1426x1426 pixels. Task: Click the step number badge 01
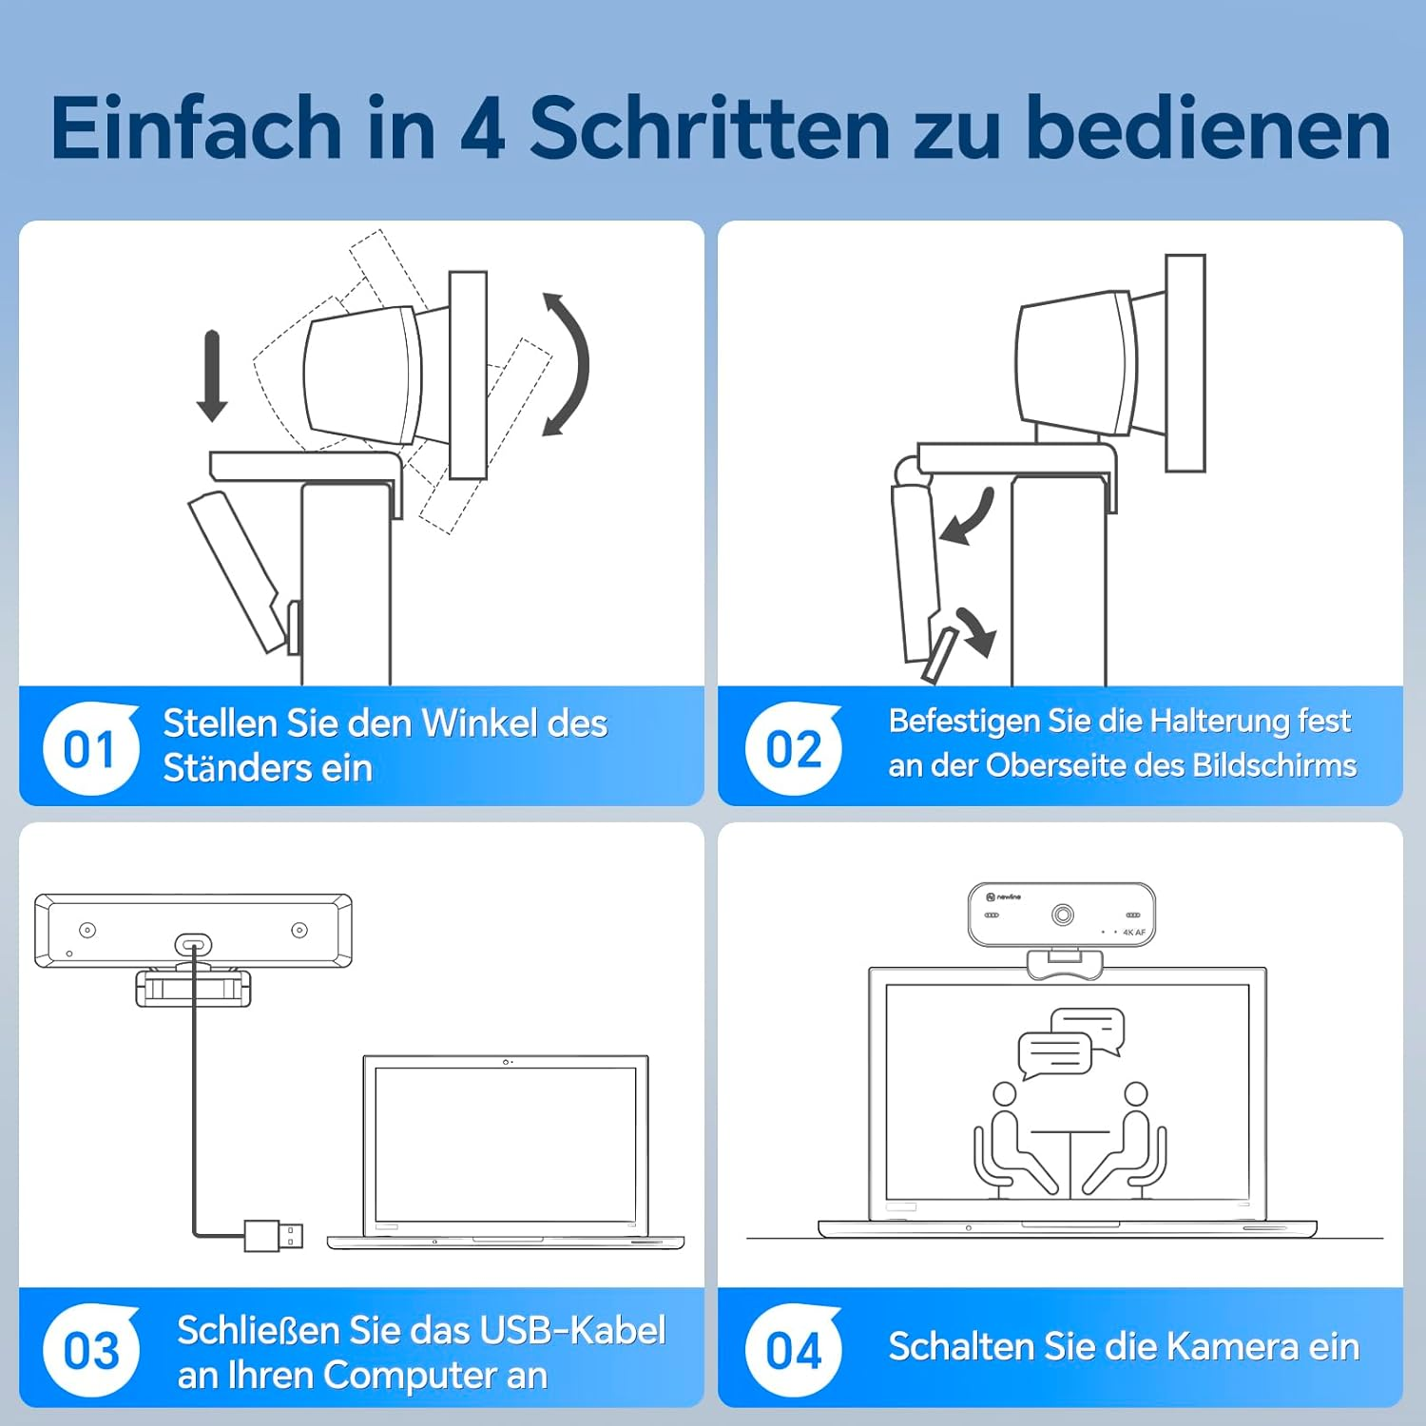89,750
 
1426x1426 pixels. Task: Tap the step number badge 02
793,750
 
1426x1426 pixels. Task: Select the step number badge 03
90,1351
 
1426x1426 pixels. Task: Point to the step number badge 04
793,1351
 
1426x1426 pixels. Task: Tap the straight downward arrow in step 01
211,376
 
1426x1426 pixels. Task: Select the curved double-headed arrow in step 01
568,365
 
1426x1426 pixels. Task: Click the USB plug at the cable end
274,1235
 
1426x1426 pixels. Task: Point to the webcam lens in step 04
1062,915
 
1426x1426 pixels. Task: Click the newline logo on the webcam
1004,896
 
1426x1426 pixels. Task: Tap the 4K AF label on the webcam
1134,933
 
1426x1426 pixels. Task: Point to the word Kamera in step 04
1232,1347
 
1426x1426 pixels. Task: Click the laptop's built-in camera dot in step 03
506,1062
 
